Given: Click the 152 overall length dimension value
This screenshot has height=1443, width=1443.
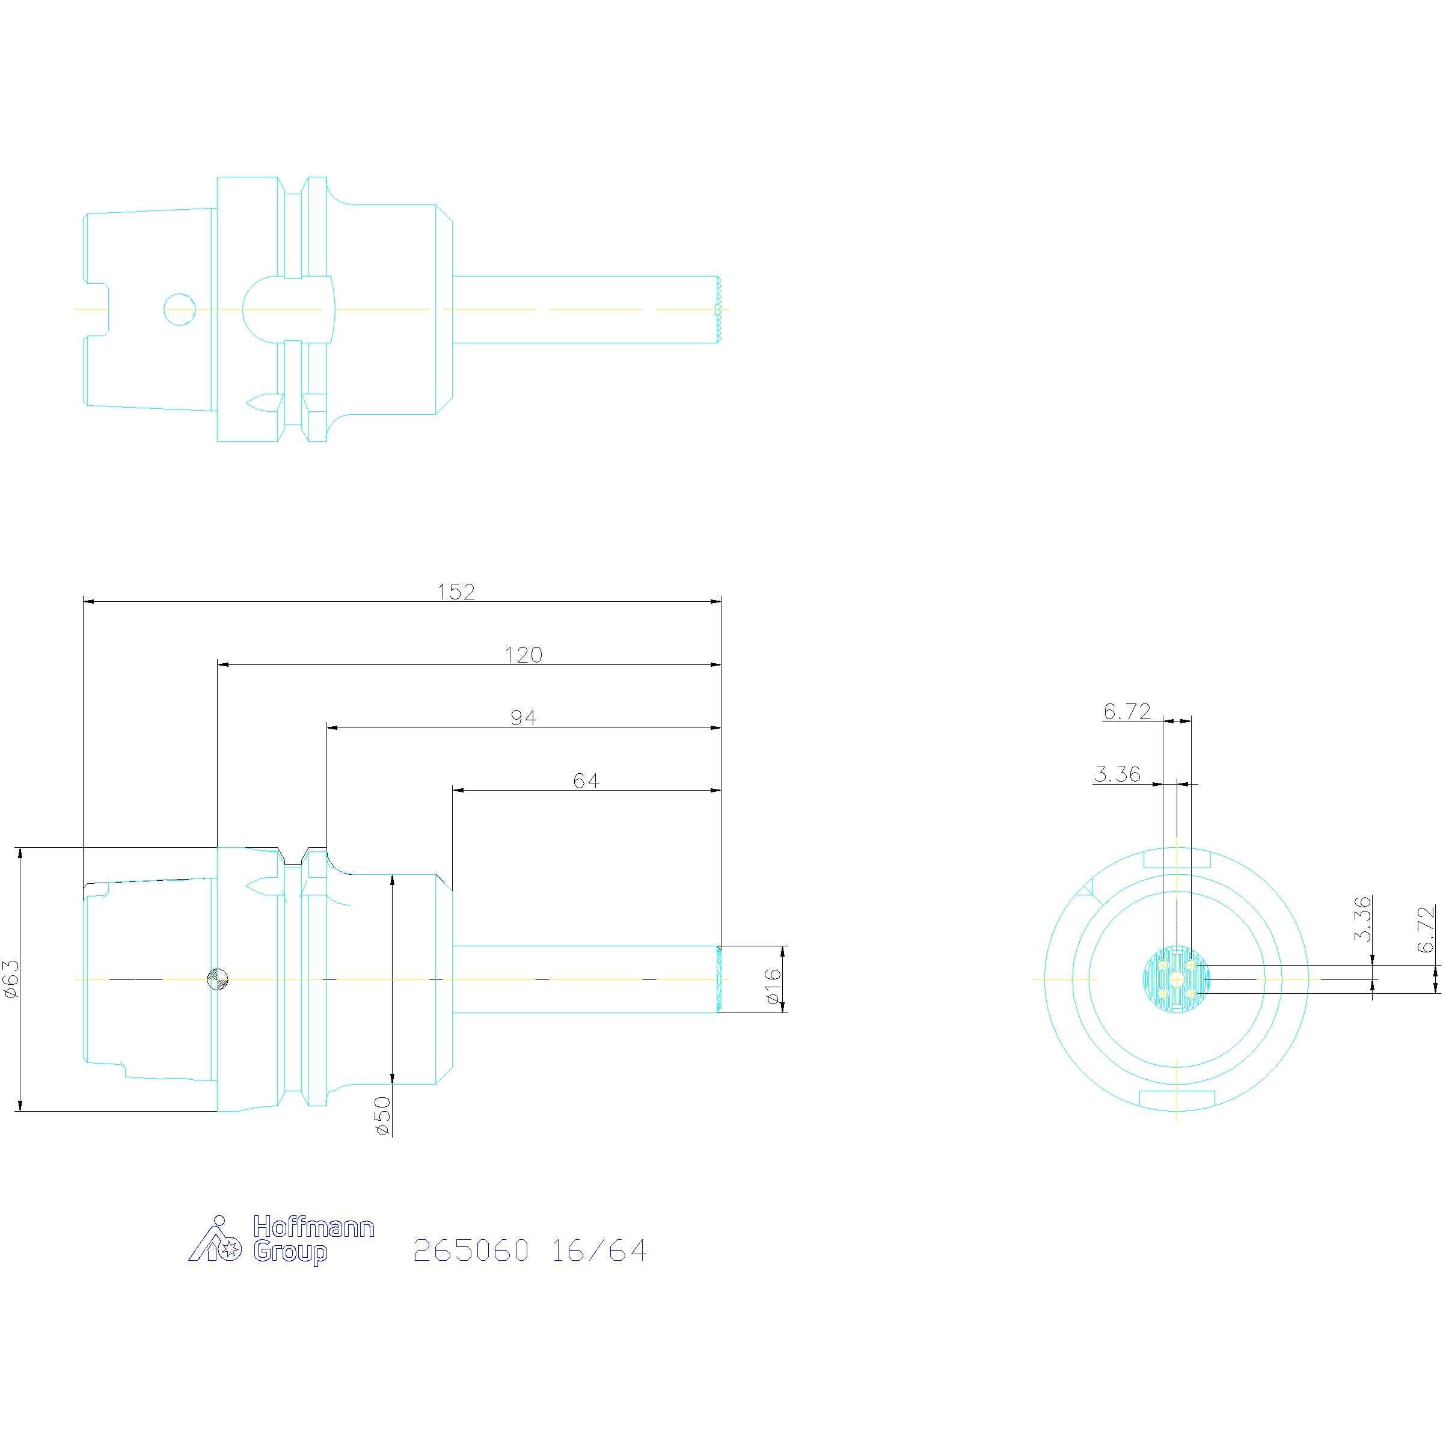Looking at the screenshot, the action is [x=456, y=592].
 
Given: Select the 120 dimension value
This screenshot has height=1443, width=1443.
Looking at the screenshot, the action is [x=523, y=655].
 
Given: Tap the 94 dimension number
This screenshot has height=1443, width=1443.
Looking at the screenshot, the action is [x=523, y=718].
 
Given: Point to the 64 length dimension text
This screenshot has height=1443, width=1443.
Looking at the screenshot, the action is [x=586, y=780].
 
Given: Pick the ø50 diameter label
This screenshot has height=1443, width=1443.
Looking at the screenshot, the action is [x=382, y=1116].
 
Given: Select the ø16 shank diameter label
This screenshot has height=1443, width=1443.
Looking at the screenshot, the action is [x=773, y=986].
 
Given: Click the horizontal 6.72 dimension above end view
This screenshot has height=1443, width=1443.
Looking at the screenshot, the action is [x=1127, y=711].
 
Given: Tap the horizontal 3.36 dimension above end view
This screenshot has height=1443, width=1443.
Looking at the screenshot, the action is [x=1117, y=774].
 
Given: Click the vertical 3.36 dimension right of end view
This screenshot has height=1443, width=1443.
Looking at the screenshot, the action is [x=1363, y=919].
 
